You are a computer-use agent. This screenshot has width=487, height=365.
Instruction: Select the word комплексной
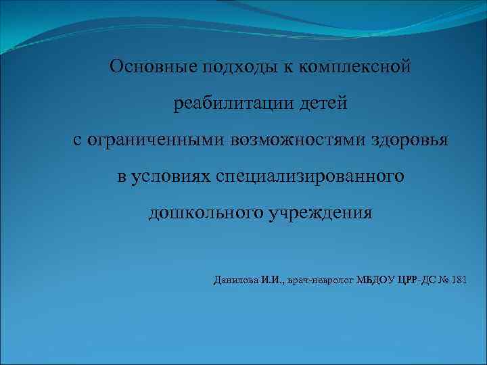point(354,67)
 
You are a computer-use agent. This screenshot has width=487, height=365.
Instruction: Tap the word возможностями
point(298,141)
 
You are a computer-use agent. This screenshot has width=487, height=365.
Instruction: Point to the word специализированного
point(310,177)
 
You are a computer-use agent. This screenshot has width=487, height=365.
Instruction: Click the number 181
point(458,280)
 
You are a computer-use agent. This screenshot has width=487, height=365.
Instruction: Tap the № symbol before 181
point(442,280)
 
